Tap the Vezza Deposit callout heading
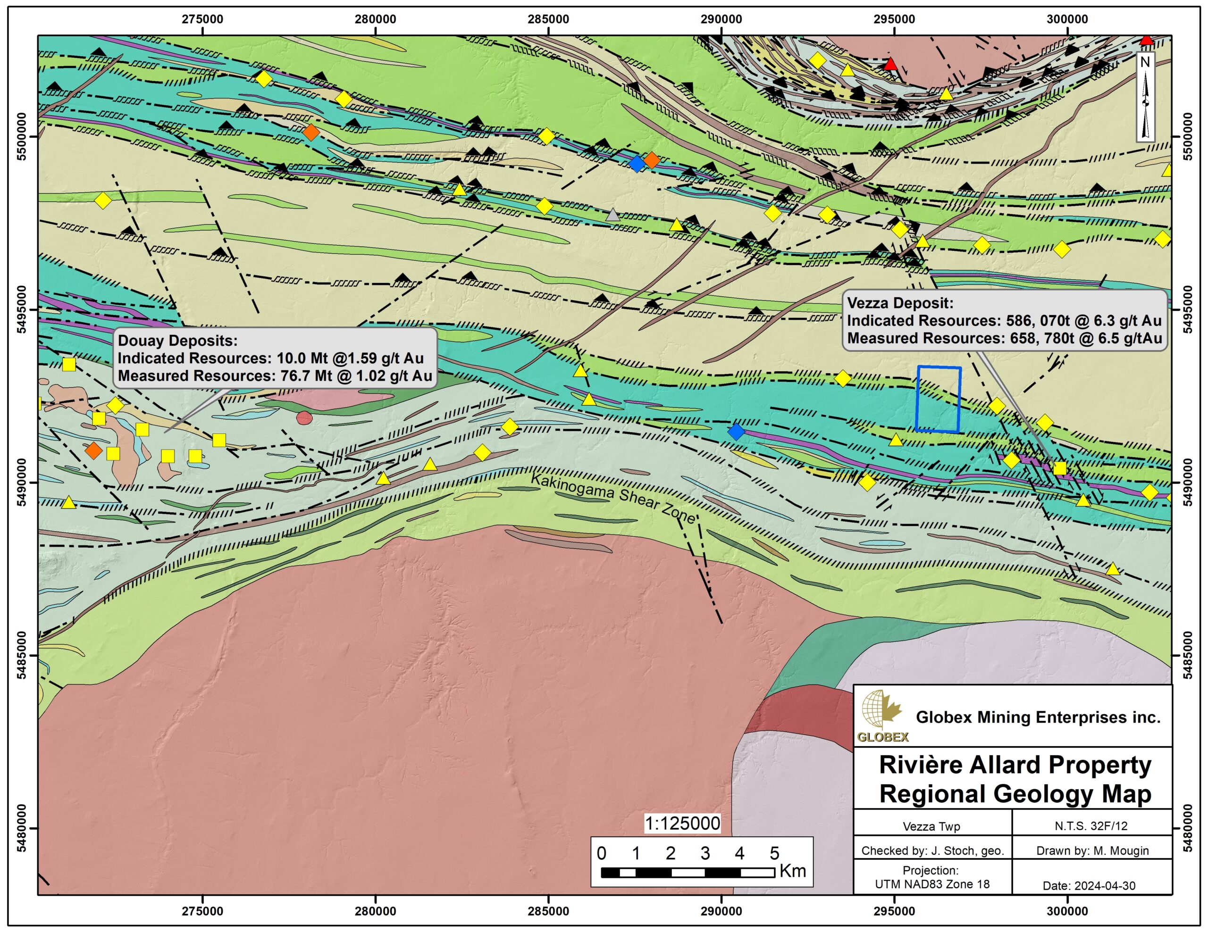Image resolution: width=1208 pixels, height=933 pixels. click(x=900, y=303)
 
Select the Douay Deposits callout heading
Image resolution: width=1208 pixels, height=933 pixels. click(x=177, y=341)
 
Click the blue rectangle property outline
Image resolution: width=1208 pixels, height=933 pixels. click(x=938, y=399)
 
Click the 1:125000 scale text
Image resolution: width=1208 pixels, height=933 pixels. click(x=682, y=824)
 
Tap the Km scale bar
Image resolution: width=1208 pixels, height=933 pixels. click(x=688, y=873)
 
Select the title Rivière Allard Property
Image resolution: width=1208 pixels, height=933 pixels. click(x=1015, y=765)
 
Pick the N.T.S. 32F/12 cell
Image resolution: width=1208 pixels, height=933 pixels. click(x=1091, y=826)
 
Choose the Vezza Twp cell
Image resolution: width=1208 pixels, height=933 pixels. click(x=931, y=827)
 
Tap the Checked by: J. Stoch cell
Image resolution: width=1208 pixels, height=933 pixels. click(x=932, y=850)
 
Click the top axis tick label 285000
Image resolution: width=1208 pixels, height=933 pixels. click(x=548, y=19)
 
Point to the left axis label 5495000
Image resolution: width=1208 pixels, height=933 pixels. click(x=22, y=309)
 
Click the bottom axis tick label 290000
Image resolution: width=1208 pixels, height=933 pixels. click(x=721, y=911)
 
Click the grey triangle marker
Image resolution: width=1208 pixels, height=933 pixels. click(x=612, y=215)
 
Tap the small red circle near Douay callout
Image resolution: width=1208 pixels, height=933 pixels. click(x=304, y=417)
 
